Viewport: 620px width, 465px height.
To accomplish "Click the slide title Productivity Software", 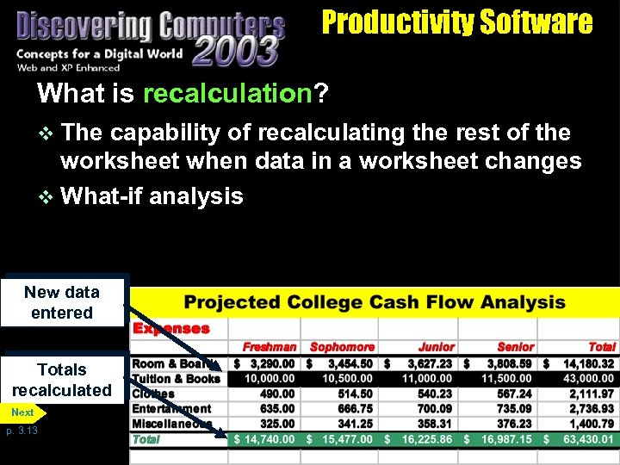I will [x=456, y=22].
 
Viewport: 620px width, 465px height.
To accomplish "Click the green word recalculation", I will [x=226, y=93].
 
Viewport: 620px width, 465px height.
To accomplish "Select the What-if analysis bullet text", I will [x=152, y=196].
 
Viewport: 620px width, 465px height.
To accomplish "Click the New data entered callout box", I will [x=62, y=302].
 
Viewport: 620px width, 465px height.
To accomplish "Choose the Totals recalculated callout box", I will [x=62, y=380].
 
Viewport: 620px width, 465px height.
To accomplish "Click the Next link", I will [x=23, y=412].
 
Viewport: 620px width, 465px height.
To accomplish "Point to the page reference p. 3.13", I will [x=21, y=431].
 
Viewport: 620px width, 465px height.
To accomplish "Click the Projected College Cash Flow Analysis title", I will [x=375, y=302].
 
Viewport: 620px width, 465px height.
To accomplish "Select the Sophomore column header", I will [x=342, y=347].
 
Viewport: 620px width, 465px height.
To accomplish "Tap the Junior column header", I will [x=436, y=347].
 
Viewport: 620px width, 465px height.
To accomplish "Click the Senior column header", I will [x=515, y=347].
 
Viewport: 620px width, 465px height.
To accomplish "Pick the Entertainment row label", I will [x=171, y=409].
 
